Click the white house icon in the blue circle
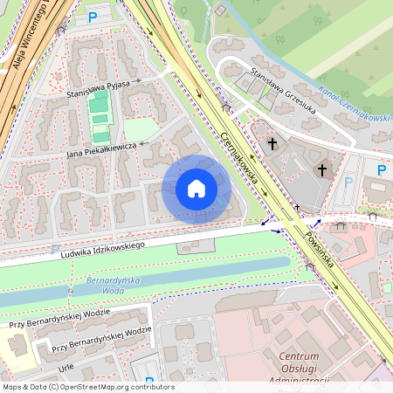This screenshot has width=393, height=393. (x=196, y=189)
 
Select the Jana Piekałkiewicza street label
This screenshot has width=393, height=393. (x=102, y=149)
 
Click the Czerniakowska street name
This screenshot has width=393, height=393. (x=245, y=152)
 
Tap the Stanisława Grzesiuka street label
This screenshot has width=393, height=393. (x=281, y=86)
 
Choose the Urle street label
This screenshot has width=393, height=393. (x=65, y=369)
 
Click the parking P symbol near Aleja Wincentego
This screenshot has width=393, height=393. (x=93, y=17)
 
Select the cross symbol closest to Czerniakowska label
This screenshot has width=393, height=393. (x=272, y=142)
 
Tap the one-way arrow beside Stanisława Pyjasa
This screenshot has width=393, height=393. (x=137, y=79)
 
